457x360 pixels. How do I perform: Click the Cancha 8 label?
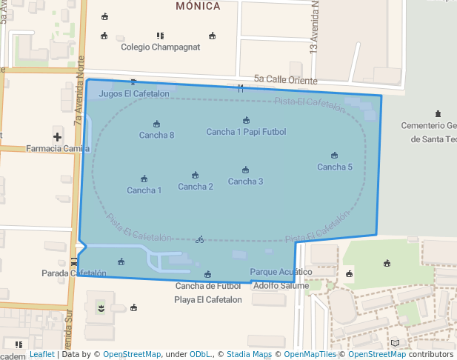[x=156, y=135]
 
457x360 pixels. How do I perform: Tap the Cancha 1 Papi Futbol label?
[x=246, y=132]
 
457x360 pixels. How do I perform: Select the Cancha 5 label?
[x=335, y=167]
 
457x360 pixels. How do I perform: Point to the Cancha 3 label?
[x=245, y=181]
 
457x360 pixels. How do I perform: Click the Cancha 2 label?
[x=196, y=187]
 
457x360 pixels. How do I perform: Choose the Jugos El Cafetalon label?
[x=134, y=94]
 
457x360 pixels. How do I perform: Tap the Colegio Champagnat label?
[x=161, y=47]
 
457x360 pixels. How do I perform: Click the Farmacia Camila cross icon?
[x=58, y=136]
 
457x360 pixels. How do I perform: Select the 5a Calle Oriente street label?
[x=285, y=80]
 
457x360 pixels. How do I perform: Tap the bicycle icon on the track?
[x=199, y=239]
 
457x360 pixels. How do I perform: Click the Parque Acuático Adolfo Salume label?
[x=281, y=279]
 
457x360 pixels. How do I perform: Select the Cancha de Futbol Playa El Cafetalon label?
[x=208, y=293]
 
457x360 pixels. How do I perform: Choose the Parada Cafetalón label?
[x=74, y=273]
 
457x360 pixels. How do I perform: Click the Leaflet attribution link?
[x=41, y=354]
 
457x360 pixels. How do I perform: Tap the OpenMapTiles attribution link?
[x=310, y=354]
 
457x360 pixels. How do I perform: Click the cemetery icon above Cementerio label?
[x=438, y=114]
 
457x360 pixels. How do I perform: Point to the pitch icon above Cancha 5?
[x=335, y=156]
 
